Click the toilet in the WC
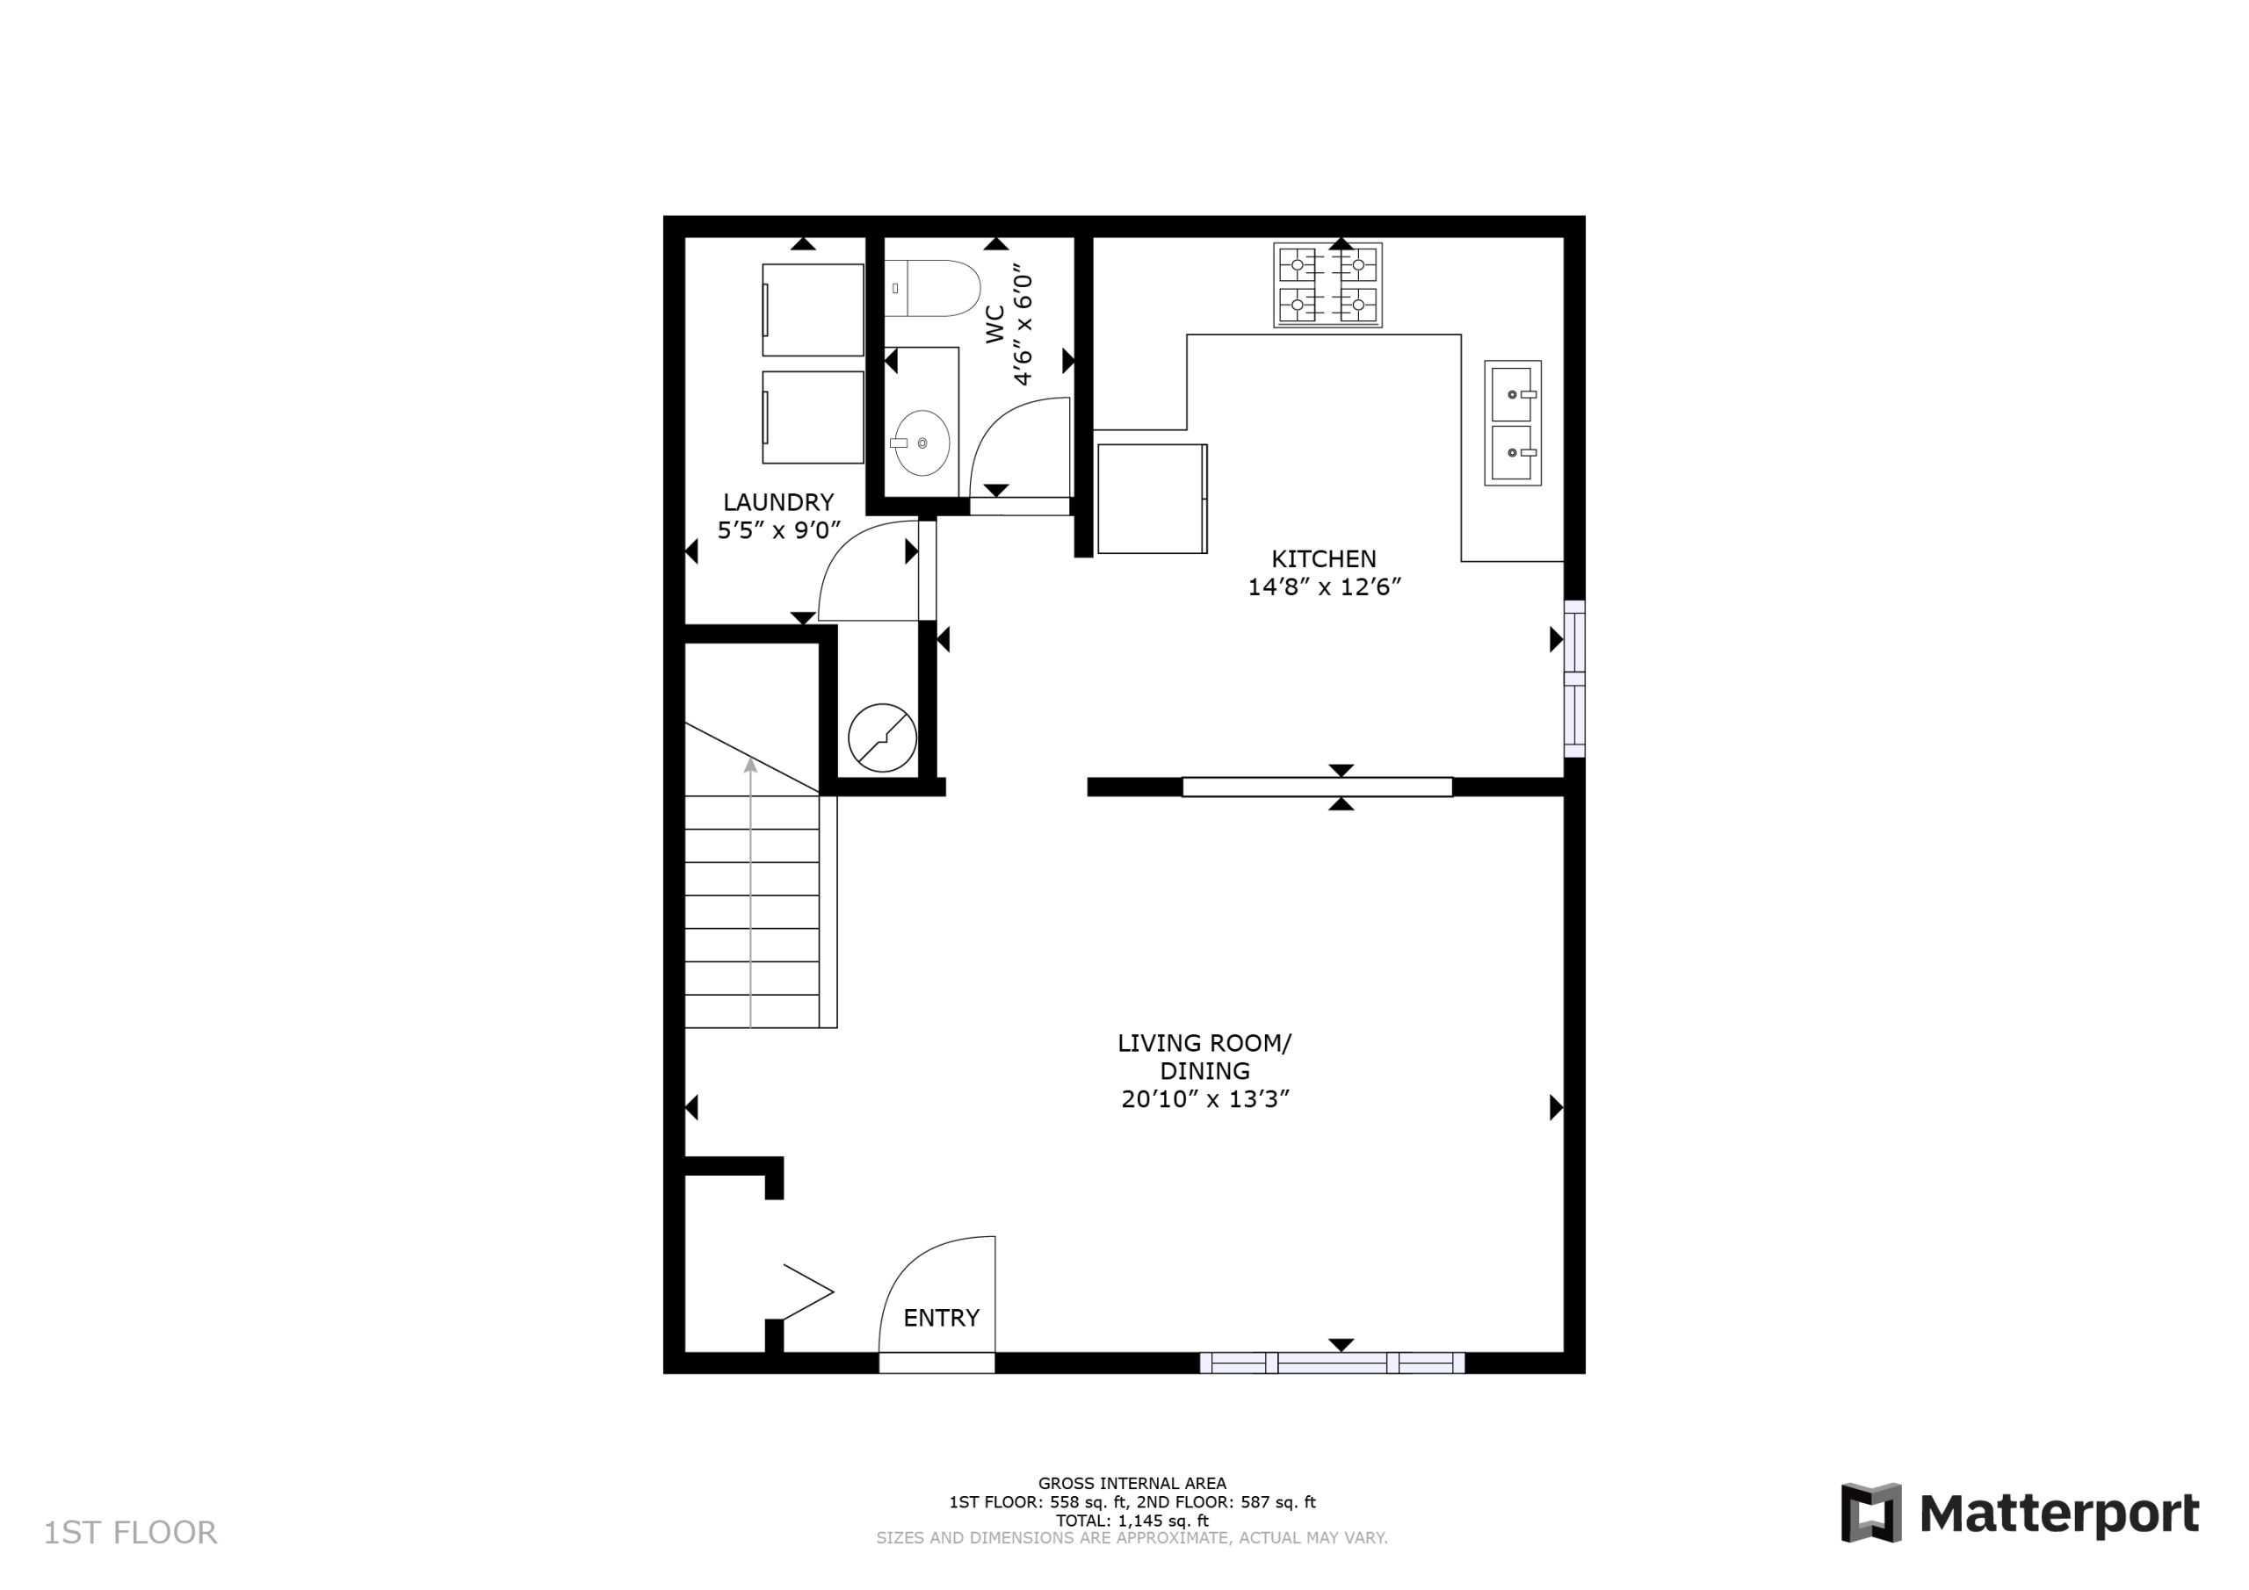(x=931, y=289)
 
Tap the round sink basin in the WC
(x=922, y=442)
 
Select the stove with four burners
(x=1327, y=285)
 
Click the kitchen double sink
(x=1513, y=423)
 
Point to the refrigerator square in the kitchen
(x=1152, y=499)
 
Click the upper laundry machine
(x=813, y=309)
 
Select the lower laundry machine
(x=813, y=417)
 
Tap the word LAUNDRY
(x=778, y=502)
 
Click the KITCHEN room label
(x=1323, y=559)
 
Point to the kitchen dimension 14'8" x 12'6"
(x=1324, y=587)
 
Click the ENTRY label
(x=941, y=1318)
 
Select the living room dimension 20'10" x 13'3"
(x=1204, y=1099)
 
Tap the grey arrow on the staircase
(x=750, y=893)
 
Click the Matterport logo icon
(x=1871, y=1513)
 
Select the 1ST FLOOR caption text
(x=130, y=1532)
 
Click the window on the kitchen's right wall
(x=1574, y=679)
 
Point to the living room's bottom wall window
(x=1332, y=1363)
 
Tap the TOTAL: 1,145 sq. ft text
(x=1132, y=1521)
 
